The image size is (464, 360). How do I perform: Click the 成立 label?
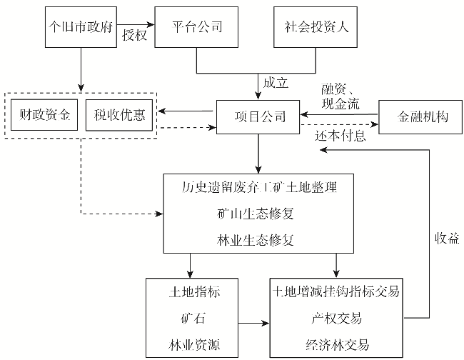click(276, 83)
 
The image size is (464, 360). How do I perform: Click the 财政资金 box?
click(44, 116)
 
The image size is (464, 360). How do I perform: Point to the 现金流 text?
click(340, 104)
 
